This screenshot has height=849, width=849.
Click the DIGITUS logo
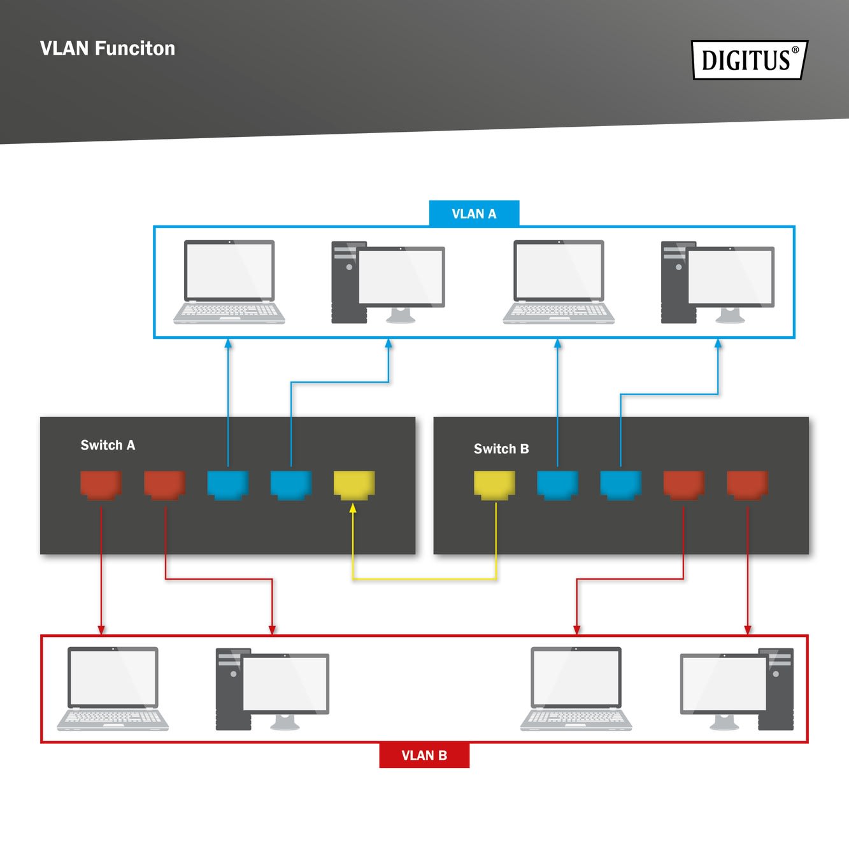[749, 60]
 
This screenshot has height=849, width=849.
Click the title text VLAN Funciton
[107, 48]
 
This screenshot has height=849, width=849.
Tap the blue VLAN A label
[474, 213]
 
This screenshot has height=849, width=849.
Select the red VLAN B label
[424, 755]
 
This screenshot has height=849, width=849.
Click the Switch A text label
[108, 445]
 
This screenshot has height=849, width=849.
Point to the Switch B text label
[501, 449]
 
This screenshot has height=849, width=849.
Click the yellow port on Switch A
[354, 484]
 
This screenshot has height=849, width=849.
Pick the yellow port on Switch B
[494, 484]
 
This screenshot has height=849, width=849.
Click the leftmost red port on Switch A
[101, 484]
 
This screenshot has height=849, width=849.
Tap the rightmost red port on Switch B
[747, 484]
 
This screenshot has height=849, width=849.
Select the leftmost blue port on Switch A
[227, 484]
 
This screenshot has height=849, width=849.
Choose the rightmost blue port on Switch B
[620, 484]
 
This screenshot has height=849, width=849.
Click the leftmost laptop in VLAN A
[229, 282]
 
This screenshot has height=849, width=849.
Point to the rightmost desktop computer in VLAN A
[718, 282]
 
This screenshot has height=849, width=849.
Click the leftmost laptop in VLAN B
[113, 688]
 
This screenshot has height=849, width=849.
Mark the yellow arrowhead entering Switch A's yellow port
[353, 508]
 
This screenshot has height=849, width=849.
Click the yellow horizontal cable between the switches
[424, 579]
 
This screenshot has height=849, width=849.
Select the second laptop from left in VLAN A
[559, 282]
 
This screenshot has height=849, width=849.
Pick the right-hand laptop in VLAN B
[576, 688]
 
